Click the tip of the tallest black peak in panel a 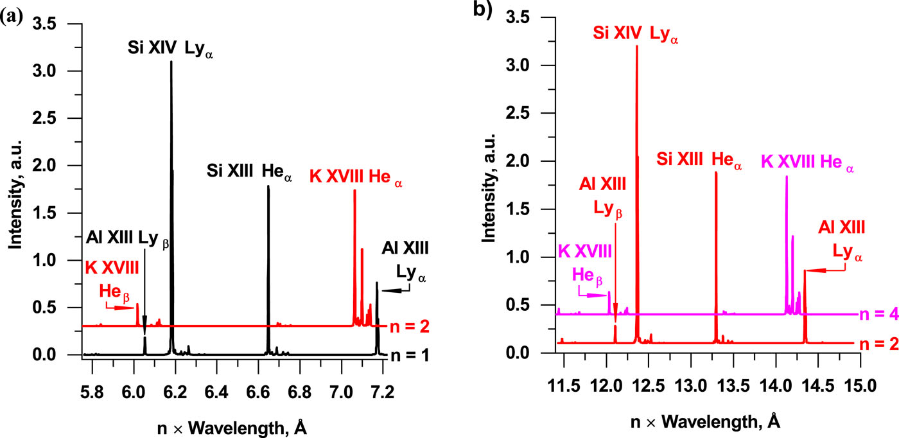point(171,62)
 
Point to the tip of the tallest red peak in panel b point(636,46)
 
